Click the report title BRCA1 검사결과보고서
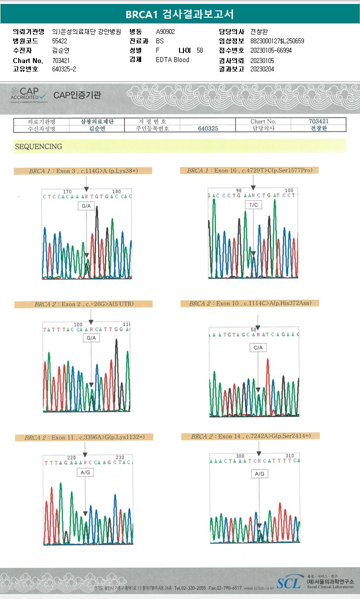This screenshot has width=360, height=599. [180, 14]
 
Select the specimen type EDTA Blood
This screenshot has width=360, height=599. [172, 60]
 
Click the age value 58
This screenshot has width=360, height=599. [199, 50]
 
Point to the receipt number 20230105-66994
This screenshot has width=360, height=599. [271, 50]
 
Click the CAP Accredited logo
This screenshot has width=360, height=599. [30, 94]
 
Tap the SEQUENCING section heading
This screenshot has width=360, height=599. [39, 146]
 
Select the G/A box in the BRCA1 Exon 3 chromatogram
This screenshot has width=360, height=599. [86, 206]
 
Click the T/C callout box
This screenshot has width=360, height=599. [253, 204]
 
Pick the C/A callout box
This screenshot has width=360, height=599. [258, 347]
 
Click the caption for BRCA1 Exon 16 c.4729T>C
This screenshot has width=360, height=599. [250, 170]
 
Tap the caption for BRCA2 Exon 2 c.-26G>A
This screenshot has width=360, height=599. [84, 304]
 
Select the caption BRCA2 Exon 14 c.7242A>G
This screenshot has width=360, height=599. [250, 436]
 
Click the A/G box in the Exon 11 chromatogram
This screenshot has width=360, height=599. [85, 472]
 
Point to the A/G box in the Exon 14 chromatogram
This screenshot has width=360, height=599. [259, 473]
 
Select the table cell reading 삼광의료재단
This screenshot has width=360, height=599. [97, 121]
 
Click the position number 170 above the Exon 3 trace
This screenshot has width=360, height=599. [68, 191]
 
